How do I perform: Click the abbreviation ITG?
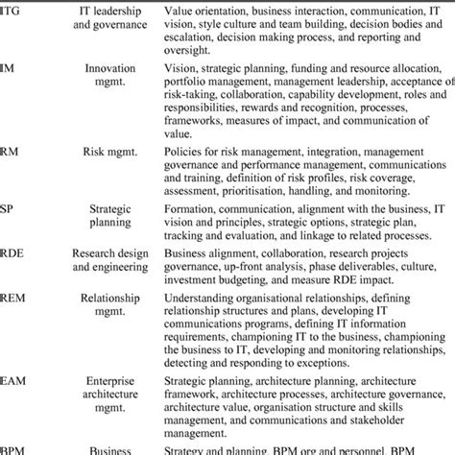point(12,11)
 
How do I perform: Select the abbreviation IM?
point(9,68)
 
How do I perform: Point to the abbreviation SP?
point(9,207)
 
